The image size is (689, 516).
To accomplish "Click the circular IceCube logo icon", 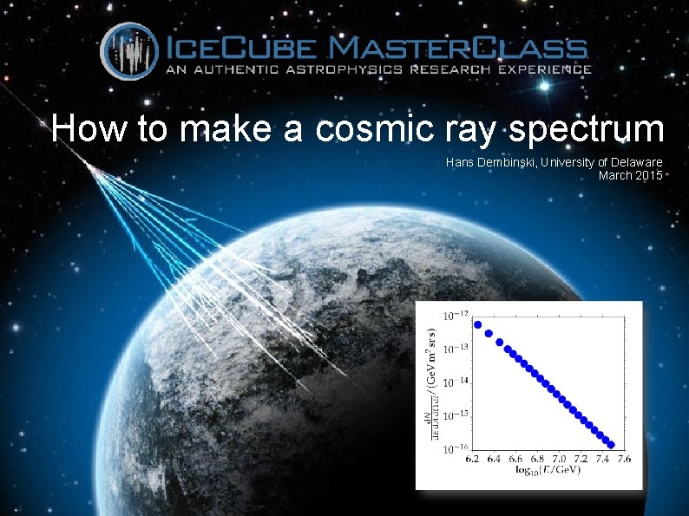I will coord(130,51).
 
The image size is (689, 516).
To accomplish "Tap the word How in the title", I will coord(83,129).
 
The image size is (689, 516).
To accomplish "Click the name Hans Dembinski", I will coord(490,162).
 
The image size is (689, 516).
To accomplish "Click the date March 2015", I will coord(631,175).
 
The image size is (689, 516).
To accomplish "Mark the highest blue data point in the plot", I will coord(477,324).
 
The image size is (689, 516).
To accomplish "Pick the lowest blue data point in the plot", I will coord(610,443).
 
